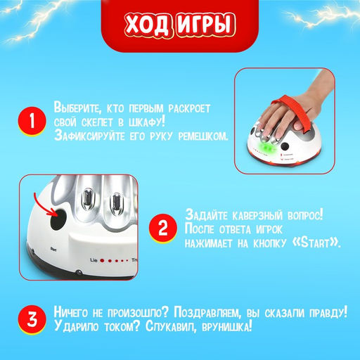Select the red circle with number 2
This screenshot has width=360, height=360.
(x=162, y=229)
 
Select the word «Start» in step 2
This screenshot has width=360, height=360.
(x=314, y=243)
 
